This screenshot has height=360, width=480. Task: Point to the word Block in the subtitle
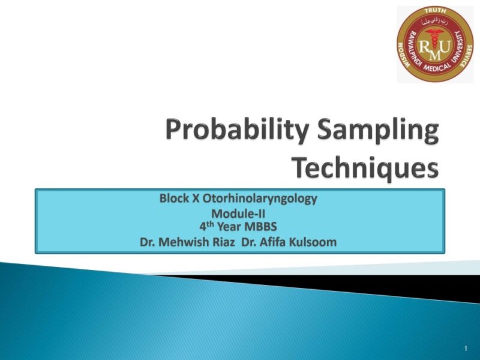coord(173,199)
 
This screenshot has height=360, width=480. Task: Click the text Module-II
coord(238,214)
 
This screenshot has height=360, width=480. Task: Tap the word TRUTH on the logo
coord(435,11)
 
